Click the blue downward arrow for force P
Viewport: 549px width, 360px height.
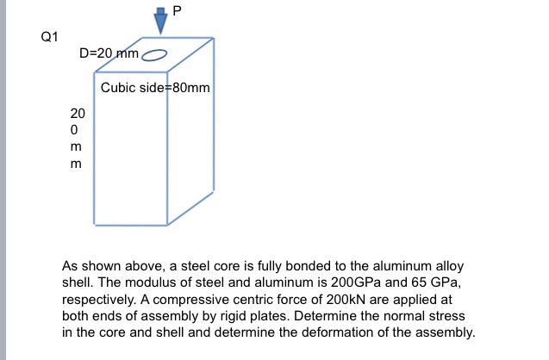point(159,19)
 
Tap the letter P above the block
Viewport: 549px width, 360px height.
point(178,10)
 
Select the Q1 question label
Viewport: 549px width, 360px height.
point(49,37)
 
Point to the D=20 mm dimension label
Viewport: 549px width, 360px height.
point(109,53)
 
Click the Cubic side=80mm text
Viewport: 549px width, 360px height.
point(155,88)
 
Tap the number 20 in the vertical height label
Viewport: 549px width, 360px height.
point(78,113)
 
